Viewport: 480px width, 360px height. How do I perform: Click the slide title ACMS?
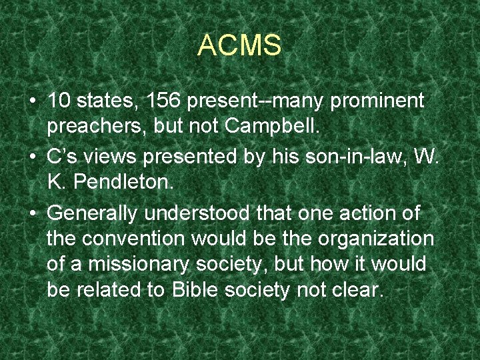pyautogui.click(x=239, y=46)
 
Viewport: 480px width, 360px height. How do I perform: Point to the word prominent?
pyautogui.click(x=377, y=101)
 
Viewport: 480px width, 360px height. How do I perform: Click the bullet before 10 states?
pyautogui.click(x=32, y=102)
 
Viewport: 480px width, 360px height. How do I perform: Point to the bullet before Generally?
pyautogui.click(x=32, y=213)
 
